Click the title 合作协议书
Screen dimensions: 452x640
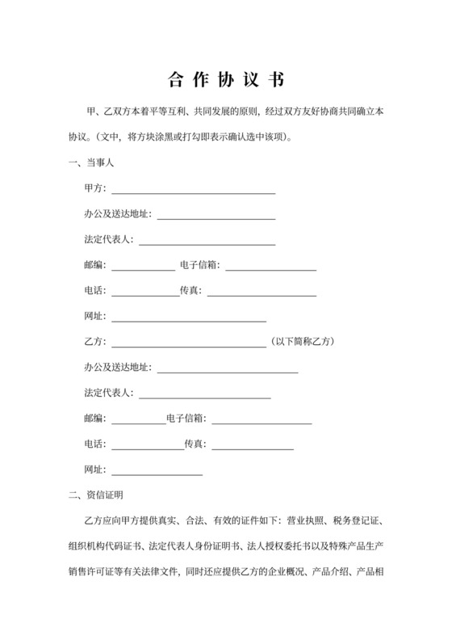tap(225, 80)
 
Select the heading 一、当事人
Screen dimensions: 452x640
tap(94, 164)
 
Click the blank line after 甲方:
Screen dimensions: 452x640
tap(193, 192)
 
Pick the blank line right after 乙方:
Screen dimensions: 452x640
tap(188, 343)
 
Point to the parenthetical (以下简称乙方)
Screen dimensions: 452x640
tap(301, 341)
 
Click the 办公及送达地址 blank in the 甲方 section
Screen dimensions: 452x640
tap(216, 217)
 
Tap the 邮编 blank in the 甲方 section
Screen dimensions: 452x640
tap(143, 267)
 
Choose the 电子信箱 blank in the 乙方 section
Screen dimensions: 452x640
tap(262, 422)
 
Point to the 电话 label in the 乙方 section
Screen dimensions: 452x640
tap(94, 444)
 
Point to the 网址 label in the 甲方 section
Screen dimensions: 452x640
tap(94, 316)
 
